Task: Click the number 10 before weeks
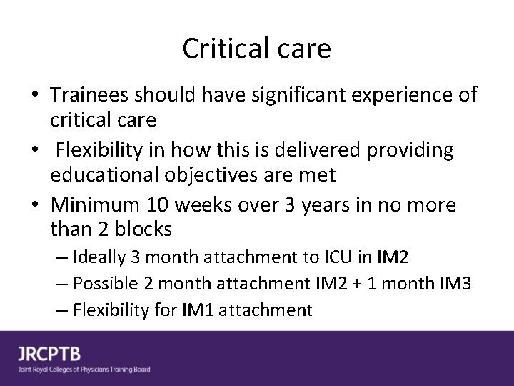point(161,206)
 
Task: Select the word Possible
point(104,284)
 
